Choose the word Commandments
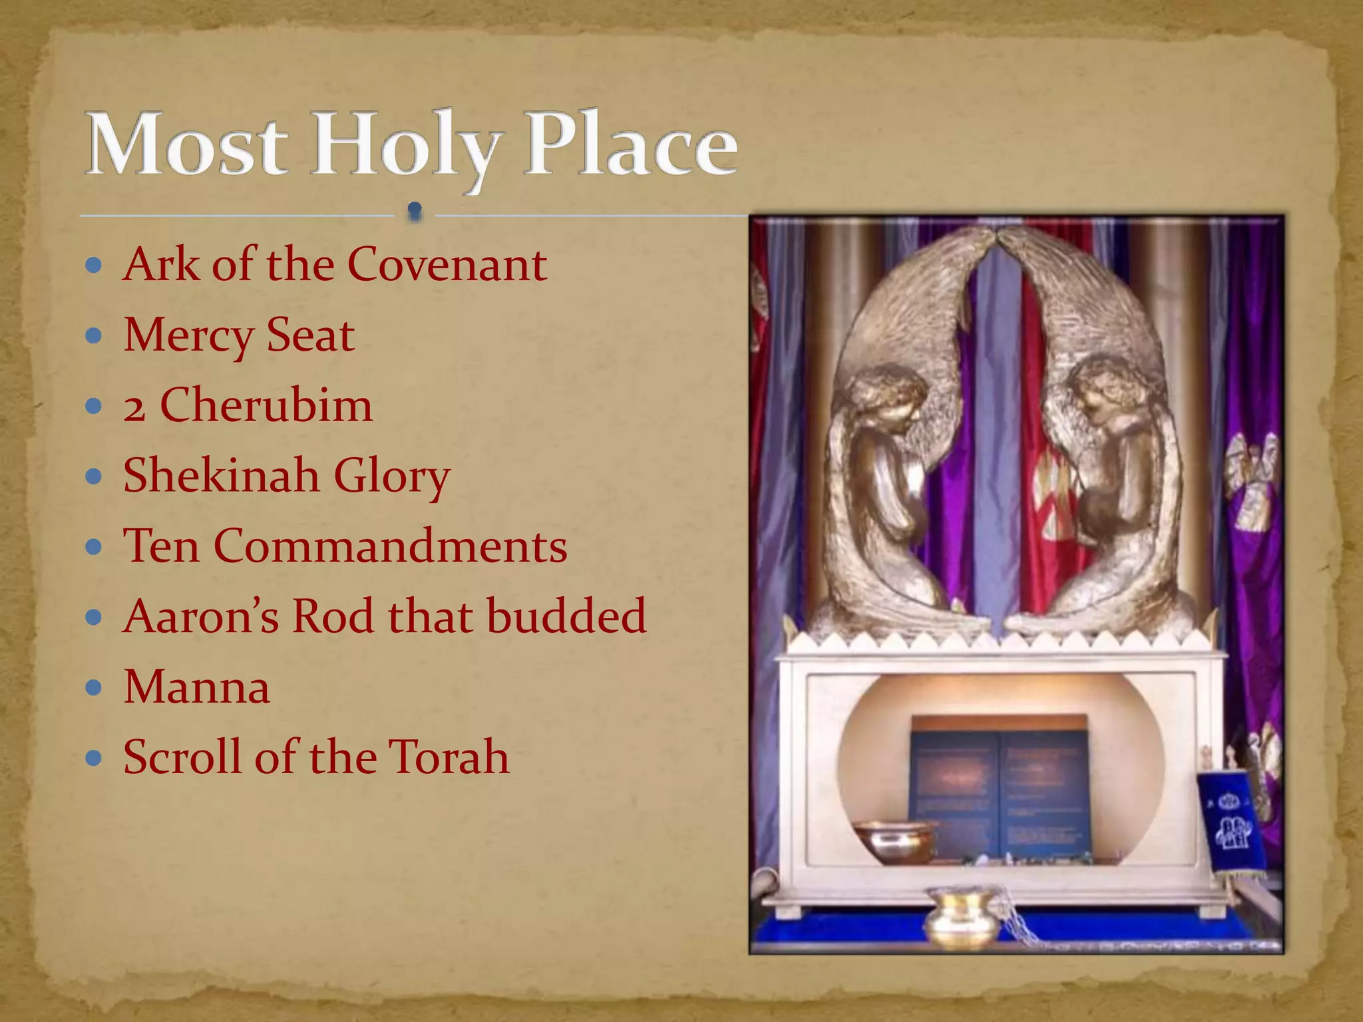click(391, 546)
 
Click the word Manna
click(197, 687)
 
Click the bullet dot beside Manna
click(94, 687)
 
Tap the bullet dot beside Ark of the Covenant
click(94, 265)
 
